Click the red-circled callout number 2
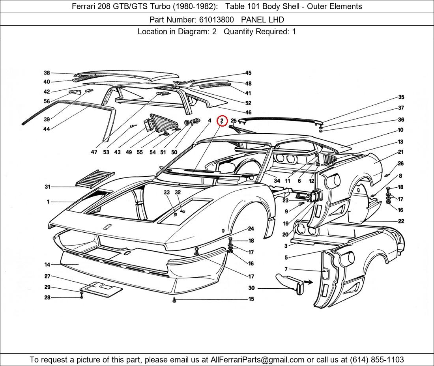(x=222, y=121)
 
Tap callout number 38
(x=47, y=73)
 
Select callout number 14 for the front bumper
(x=47, y=264)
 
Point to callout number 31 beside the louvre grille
(x=47, y=187)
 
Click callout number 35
(x=401, y=97)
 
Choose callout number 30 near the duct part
(x=251, y=288)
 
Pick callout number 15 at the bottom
(x=251, y=299)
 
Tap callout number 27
(x=47, y=276)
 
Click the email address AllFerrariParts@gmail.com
(x=258, y=360)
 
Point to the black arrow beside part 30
(x=308, y=282)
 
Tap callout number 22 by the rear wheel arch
(x=401, y=221)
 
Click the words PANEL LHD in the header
(x=262, y=19)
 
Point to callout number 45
(x=248, y=73)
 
